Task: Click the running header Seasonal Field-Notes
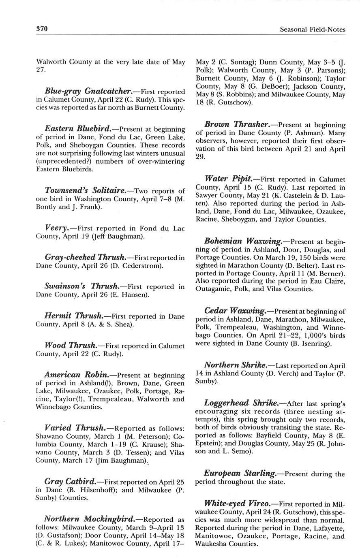(x=313, y=29)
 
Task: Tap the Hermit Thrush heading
(x=74, y=316)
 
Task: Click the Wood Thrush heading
(x=71, y=345)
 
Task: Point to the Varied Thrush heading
(x=74, y=428)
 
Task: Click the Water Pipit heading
(x=228, y=178)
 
